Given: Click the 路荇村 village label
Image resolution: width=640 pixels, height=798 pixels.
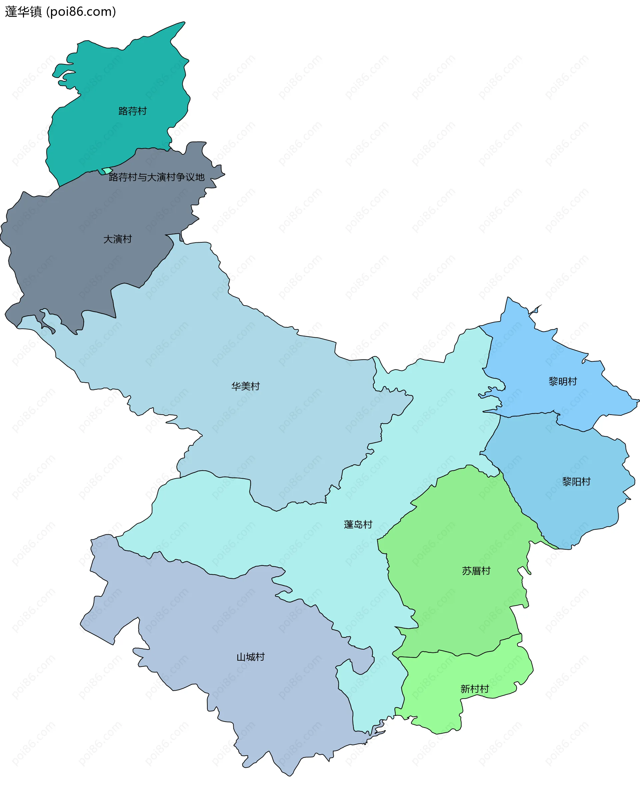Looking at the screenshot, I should (x=133, y=111).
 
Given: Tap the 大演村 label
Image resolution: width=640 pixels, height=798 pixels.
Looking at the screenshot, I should (x=117, y=239).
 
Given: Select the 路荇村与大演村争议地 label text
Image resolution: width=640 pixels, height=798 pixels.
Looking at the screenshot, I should (x=157, y=177).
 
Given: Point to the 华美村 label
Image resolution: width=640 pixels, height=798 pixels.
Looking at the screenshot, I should (x=245, y=386).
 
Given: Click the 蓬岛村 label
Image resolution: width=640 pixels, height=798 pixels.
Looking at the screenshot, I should (x=358, y=524).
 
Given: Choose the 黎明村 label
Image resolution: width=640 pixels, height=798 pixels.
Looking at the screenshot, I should (x=563, y=381).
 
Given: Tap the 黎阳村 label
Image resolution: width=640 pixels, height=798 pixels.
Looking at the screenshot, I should (x=576, y=482).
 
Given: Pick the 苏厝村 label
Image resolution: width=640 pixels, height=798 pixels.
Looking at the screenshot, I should (x=476, y=571).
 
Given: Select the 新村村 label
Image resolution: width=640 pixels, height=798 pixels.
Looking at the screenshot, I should (x=475, y=689).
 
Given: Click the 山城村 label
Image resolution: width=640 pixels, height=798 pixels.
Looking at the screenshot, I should (x=251, y=657).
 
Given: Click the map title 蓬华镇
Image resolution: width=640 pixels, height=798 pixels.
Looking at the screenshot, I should (x=23, y=12).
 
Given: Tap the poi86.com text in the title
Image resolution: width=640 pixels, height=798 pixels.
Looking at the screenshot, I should (x=81, y=12).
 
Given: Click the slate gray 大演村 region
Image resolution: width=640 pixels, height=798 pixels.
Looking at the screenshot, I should (x=74, y=259).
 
